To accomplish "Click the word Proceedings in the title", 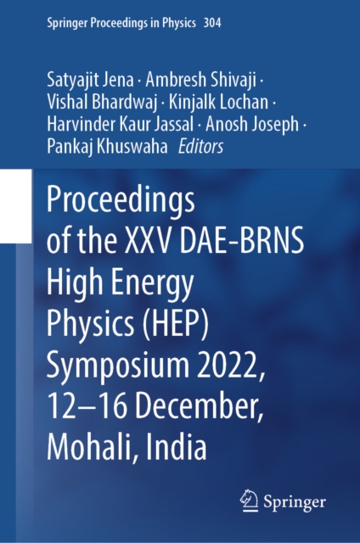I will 122,203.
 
